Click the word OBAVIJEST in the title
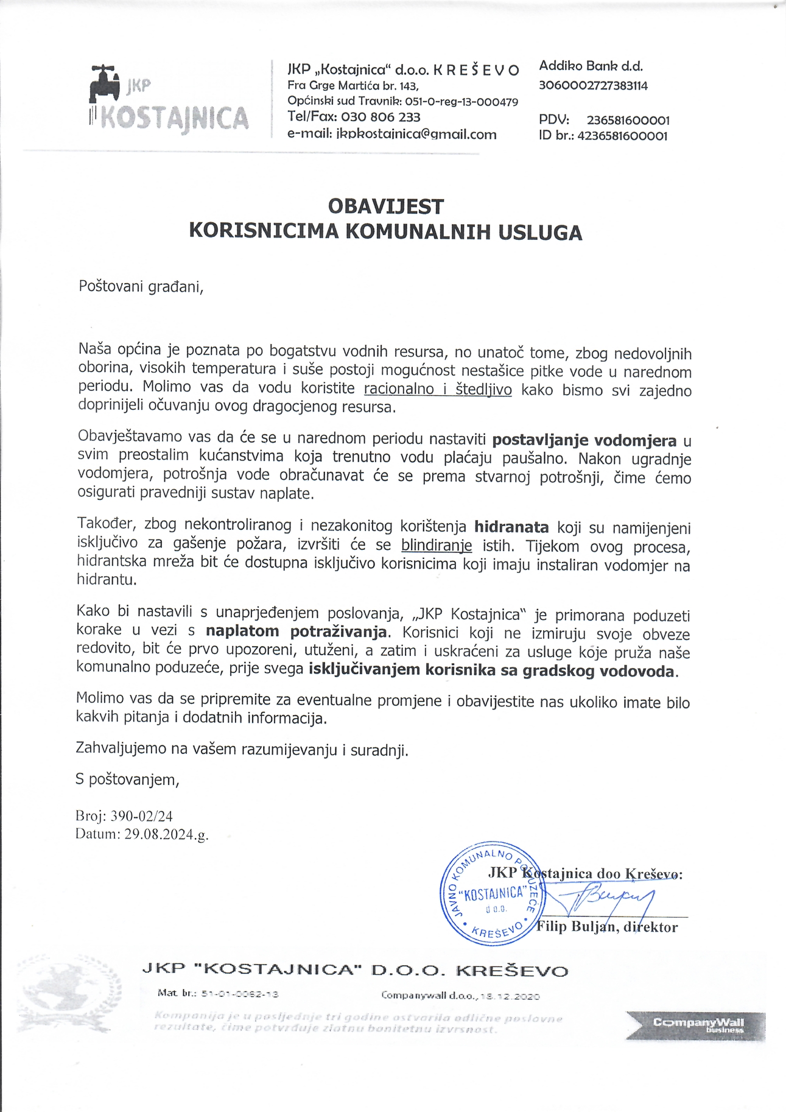pyautogui.click(x=386, y=207)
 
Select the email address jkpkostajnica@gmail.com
pyautogui.click(x=416, y=135)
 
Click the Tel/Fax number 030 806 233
pyautogui.click(x=381, y=117)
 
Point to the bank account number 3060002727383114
pyautogui.click(x=593, y=86)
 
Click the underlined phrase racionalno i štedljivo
pyautogui.click(x=438, y=389)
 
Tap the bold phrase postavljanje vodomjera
pyautogui.click(x=584, y=440)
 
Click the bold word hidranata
pyautogui.click(x=511, y=527)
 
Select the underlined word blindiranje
pyautogui.click(x=437, y=546)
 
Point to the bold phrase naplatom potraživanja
pyautogui.click(x=297, y=631)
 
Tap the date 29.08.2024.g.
pyautogui.click(x=166, y=834)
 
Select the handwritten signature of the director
pyautogui.click(x=603, y=898)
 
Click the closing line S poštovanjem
pyautogui.click(x=127, y=779)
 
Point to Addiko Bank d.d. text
pyautogui.click(x=591, y=66)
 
